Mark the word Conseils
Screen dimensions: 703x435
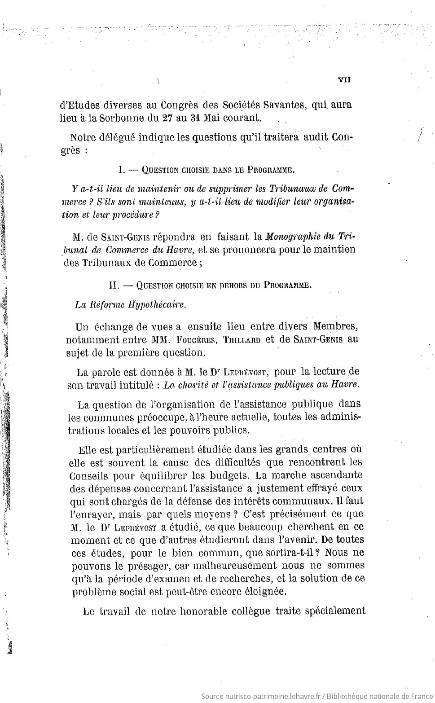[x=89, y=475]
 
